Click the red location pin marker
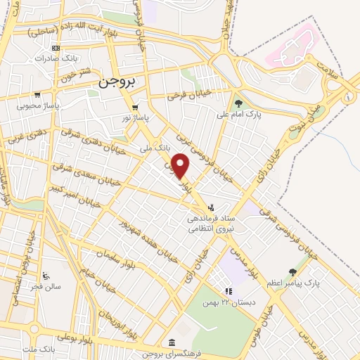pyautogui.click(x=181, y=167)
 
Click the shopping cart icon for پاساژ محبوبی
pyautogui.click(x=38, y=95)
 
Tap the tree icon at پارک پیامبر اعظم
pyautogui.click(x=292, y=272)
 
